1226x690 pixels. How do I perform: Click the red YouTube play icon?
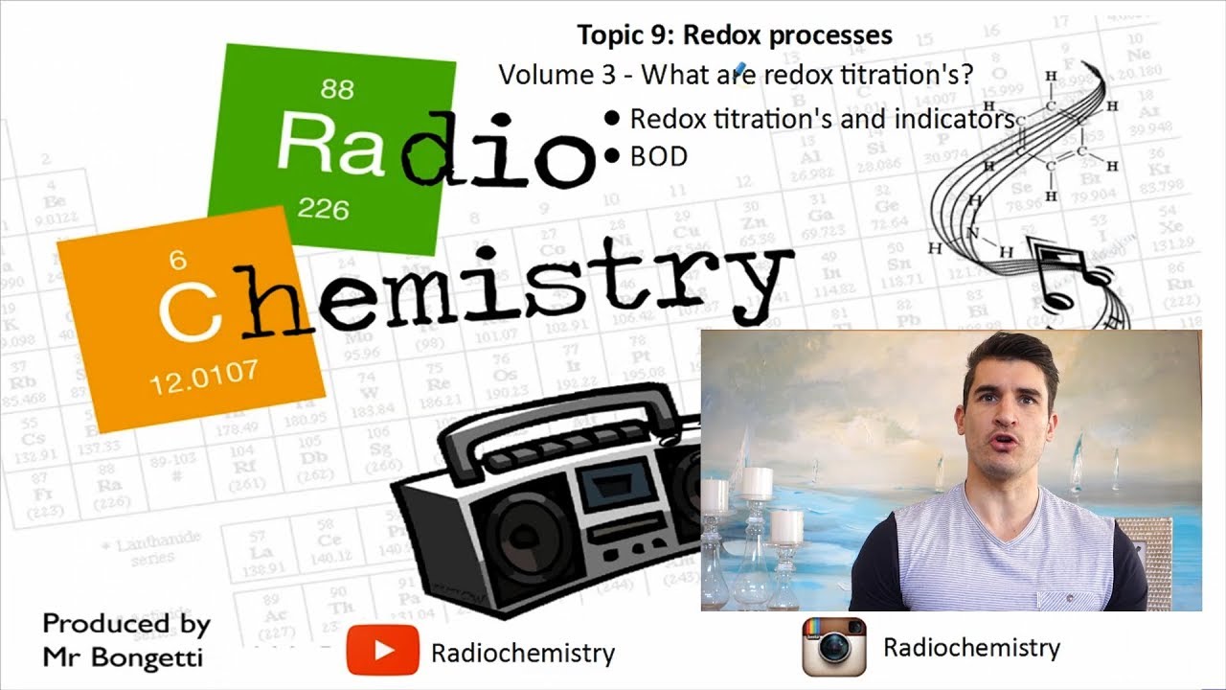(x=382, y=650)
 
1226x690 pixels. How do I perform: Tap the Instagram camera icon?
(x=833, y=647)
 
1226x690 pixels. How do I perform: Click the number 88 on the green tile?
(x=337, y=90)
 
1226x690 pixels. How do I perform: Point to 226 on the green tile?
(x=323, y=208)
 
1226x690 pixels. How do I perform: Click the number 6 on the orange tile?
(x=177, y=260)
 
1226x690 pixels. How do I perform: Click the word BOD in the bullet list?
(x=658, y=157)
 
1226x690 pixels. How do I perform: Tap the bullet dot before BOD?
(x=613, y=156)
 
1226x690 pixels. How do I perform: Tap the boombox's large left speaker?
(x=523, y=541)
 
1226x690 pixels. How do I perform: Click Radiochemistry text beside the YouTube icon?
(x=522, y=654)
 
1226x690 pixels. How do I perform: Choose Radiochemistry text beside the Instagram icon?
(x=971, y=648)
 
